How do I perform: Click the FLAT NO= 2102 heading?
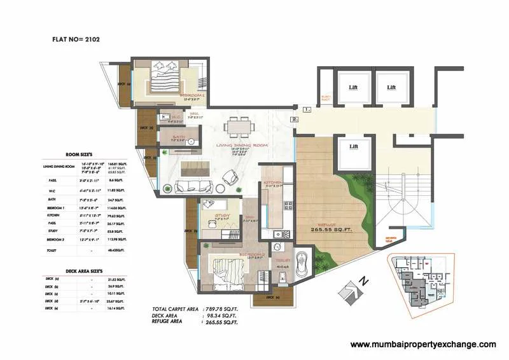75,39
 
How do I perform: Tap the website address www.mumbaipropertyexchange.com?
423,344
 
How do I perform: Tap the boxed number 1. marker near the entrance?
307,109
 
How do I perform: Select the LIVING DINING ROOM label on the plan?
242,145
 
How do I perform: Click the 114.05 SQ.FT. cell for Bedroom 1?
119,207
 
